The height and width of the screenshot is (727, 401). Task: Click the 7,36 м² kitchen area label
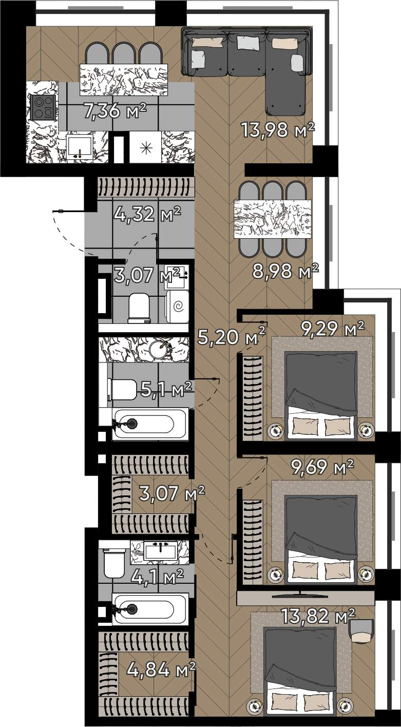[114, 111]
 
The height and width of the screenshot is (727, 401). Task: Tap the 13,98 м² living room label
[278, 129]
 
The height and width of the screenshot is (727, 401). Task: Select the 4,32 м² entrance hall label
[147, 214]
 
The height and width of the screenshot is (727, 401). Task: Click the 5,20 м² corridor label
[232, 336]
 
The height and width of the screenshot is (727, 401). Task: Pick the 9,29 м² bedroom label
[332, 330]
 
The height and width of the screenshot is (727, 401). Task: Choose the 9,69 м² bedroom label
[322, 467]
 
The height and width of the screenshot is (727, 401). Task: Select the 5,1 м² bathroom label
[166, 389]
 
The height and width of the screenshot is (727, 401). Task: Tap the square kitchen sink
[80, 146]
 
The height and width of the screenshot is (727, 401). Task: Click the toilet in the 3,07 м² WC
[139, 308]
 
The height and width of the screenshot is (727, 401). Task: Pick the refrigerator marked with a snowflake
[145, 147]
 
